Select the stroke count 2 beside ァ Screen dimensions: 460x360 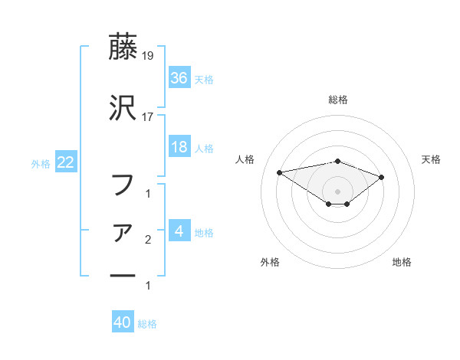click(x=148, y=240)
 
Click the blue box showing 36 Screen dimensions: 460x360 click(x=179, y=77)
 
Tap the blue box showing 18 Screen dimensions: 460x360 click(x=179, y=147)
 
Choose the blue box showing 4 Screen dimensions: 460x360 click(x=179, y=231)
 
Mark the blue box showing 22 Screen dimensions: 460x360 click(x=65, y=162)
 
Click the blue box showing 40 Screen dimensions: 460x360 click(x=123, y=322)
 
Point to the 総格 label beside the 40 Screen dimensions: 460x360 click(x=148, y=324)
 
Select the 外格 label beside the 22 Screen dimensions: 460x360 click(x=41, y=163)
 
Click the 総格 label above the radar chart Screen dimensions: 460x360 click(x=338, y=100)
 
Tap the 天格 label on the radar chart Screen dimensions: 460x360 click(x=432, y=159)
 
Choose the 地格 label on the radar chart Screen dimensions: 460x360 click(x=402, y=263)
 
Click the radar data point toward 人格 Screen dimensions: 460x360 click(x=280, y=172)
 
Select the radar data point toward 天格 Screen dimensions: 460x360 click(x=381, y=177)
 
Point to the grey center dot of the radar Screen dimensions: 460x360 click(x=338, y=191)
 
